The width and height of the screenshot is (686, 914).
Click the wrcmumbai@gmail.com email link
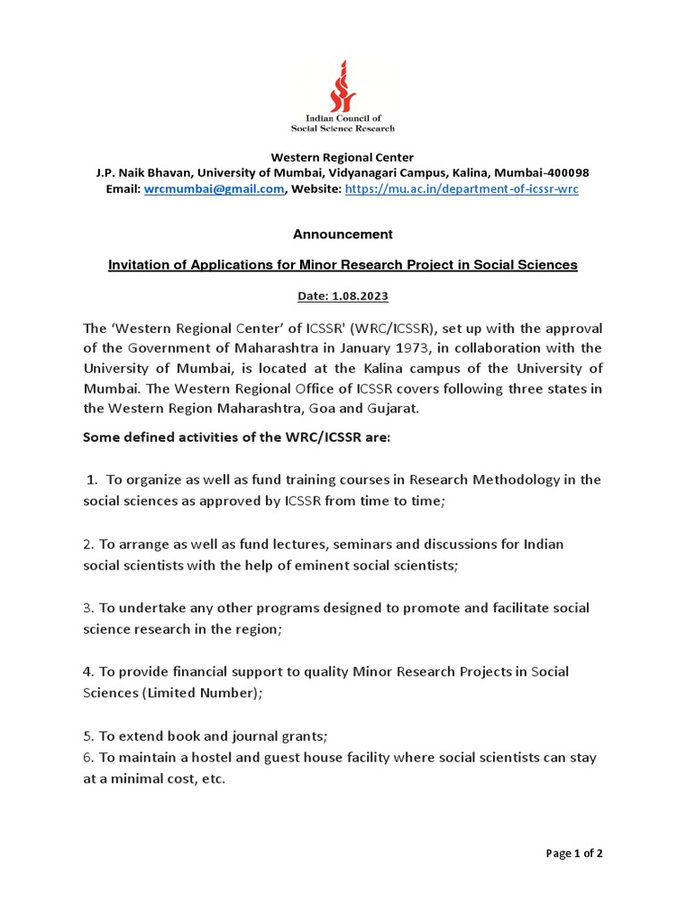coord(213,189)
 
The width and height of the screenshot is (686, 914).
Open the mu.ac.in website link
coord(461,189)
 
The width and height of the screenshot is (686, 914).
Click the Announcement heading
coord(343,234)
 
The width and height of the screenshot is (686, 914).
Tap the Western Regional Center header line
coord(343,157)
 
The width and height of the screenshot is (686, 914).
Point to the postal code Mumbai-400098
coord(540,172)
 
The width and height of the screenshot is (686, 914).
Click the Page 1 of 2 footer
coord(574,852)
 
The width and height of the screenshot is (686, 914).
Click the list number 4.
coord(88,671)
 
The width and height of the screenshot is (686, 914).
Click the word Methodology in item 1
coord(533,479)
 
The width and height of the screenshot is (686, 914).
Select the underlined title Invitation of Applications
coord(343,264)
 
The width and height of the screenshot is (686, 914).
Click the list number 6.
coord(88,757)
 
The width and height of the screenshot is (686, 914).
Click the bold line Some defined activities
coord(236,437)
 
